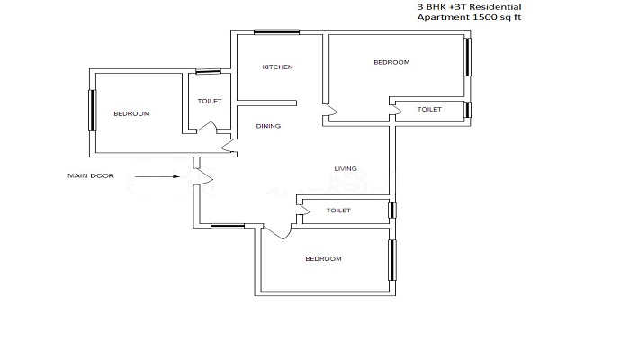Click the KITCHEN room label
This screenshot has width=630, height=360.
(277, 67)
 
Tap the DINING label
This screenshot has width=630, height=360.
(268, 126)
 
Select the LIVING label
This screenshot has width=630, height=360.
(346, 169)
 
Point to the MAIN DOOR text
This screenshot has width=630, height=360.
(91, 176)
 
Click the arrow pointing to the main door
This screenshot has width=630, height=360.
(157, 176)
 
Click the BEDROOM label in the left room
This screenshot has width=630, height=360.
(131, 114)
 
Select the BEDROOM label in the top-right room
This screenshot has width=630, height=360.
(391, 62)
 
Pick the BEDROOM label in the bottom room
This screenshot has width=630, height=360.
(323, 259)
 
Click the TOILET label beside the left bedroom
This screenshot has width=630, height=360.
(210, 101)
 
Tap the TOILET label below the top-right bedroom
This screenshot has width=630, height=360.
(429, 109)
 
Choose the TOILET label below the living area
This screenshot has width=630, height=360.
(338, 211)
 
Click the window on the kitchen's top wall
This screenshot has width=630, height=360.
(277, 32)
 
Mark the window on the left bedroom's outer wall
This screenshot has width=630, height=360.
(93, 111)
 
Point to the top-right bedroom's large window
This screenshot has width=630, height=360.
(468, 57)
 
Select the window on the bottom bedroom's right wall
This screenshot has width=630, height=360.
(391, 260)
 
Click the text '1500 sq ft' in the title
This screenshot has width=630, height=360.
(497, 17)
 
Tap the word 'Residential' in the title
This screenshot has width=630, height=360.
(495, 7)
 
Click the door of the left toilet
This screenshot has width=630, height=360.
(207, 126)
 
